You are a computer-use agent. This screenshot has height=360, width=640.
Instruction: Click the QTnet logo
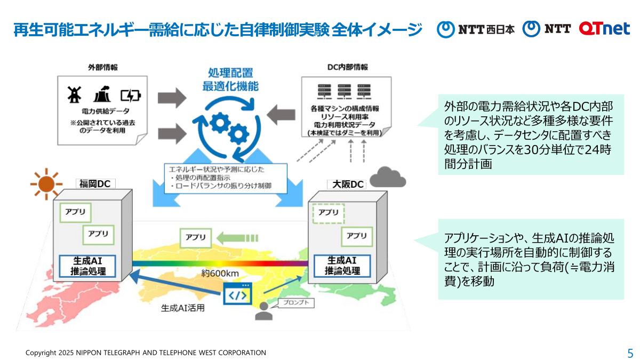pyautogui.click(x=604, y=29)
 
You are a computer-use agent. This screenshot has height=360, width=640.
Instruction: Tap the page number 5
pyautogui.click(x=630, y=353)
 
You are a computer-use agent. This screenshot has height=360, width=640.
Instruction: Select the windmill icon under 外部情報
pyautogui.click(x=73, y=94)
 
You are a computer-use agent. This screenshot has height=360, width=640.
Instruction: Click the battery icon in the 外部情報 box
pyautogui.click(x=131, y=95)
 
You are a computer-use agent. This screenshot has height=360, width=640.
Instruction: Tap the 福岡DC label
pyautogui.click(x=96, y=184)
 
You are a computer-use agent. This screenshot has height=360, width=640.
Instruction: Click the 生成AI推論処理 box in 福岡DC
pyautogui.click(x=89, y=266)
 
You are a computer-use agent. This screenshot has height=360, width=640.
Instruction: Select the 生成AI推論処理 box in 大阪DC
pyautogui.click(x=342, y=266)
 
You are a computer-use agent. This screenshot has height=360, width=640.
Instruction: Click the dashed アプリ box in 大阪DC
pyautogui.click(x=329, y=213)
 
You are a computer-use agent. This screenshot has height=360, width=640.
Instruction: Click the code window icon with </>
pyautogui.click(x=237, y=294)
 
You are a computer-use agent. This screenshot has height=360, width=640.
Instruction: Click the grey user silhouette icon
pyautogui.click(x=263, y=312)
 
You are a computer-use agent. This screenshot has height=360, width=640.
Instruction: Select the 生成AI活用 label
pyautogui.click(x=183, y=308)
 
